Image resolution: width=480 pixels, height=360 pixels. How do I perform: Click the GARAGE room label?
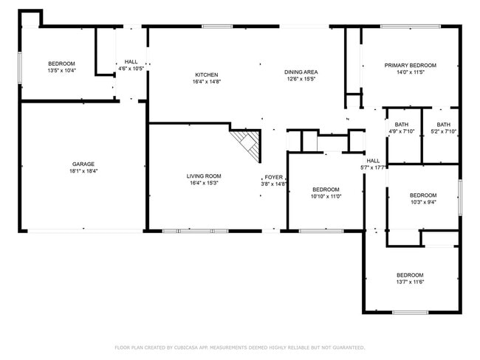pos(83,164)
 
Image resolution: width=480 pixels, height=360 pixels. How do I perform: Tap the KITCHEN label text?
pos(206,75)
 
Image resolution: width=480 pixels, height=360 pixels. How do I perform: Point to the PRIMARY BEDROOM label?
pos(410,65)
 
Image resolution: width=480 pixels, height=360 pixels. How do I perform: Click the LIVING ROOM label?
pos(204,176)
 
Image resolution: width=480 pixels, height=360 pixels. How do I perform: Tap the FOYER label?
pos(274,177)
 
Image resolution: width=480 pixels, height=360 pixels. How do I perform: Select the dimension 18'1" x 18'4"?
pos(83,171)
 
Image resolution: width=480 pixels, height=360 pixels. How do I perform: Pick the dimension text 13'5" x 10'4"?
pos(62,71)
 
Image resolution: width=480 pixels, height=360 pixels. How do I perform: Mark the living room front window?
pos(195,231)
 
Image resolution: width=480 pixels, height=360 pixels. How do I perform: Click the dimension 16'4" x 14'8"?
pos(206,81)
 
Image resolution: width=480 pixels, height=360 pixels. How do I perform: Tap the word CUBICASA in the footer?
pos(187,347)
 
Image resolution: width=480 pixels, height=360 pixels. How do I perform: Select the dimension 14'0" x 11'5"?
pos(410,72)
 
